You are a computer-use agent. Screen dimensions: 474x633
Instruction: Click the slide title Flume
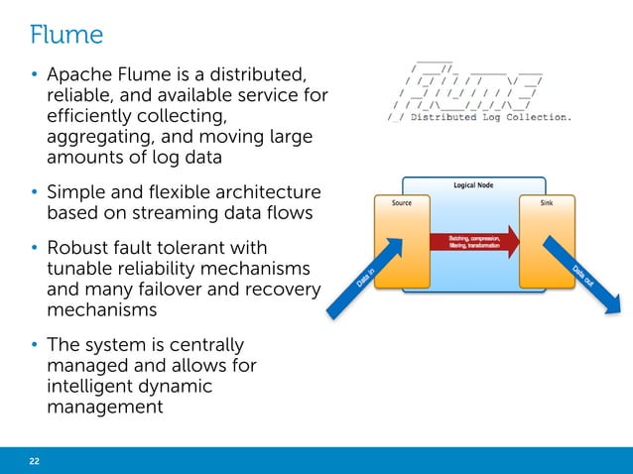click(66, 35)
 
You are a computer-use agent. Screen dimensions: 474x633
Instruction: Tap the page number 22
click(35, 460)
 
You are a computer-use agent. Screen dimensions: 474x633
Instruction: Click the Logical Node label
click(474, 185)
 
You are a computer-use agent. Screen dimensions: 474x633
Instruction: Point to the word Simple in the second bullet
click(75, 190)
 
